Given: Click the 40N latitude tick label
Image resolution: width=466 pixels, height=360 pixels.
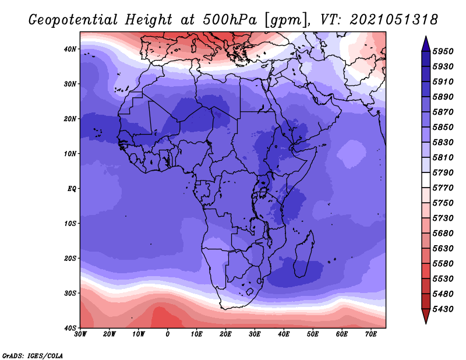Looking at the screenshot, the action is click(70, 49).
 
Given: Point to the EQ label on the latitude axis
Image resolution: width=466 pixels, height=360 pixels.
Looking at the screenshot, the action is click(72, 189).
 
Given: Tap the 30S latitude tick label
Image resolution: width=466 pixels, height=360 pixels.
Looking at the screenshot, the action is click(70, 293).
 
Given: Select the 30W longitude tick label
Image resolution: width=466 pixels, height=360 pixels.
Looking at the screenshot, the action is click(80, 334).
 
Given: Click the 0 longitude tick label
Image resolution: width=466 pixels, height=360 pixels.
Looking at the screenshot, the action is click(168, 334).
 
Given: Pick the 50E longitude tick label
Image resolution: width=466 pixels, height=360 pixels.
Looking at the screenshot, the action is click(313, 334).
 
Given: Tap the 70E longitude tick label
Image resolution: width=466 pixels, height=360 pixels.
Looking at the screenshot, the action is click(370, 334).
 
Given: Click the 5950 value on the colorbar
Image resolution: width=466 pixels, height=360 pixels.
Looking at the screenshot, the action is click(443, 51).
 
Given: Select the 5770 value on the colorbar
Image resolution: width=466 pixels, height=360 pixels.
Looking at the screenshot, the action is click(443, 188).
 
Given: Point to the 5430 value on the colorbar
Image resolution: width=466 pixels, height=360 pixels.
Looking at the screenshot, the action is click(443, 309).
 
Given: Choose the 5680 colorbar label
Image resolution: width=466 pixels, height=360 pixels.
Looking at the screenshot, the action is click(443, 233).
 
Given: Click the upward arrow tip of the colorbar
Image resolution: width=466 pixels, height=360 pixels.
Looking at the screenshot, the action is click(426, 37).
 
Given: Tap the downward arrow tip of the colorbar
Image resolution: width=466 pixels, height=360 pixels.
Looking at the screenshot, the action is click(426, 323).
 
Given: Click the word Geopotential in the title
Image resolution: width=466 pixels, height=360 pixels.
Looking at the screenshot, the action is click(73, 20).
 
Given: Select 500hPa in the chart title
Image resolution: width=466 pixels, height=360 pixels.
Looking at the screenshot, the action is click(230, 20).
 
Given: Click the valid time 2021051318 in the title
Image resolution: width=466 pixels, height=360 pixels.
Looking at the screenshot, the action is click(394, 20).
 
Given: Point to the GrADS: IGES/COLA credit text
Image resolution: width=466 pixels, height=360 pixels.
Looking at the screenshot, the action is click(33, 355).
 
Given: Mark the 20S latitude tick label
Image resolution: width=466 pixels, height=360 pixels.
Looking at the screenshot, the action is click(70, 258).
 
